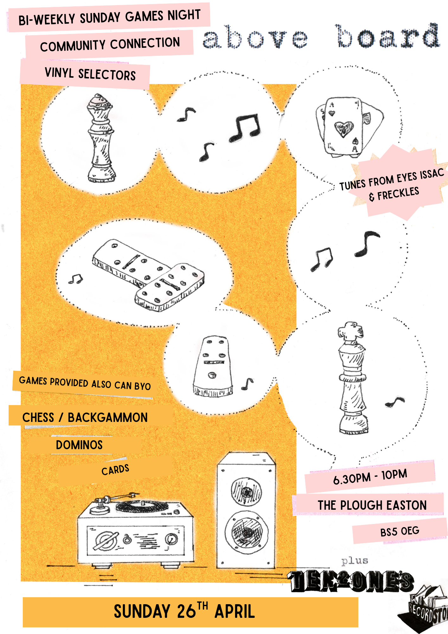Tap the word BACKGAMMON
coord(108,417)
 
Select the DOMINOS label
coord(79,445)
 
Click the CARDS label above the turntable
coord(115,470)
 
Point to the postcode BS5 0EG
coord(400,531)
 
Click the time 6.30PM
coord(352,478)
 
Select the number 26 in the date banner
coord(187,611)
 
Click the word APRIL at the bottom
coord(235,611)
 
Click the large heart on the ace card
coord(343,128)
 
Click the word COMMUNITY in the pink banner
coord(73,46)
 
